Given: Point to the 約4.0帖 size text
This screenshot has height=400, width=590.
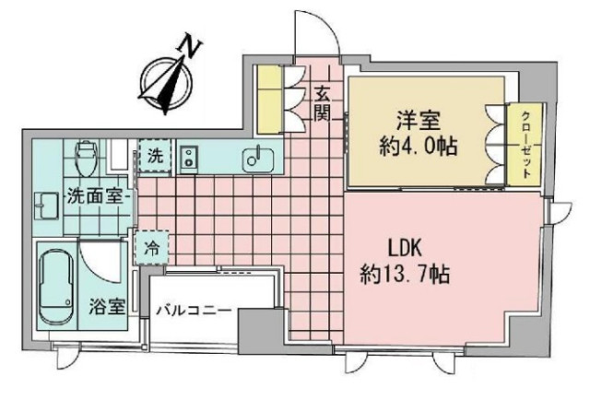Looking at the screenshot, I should [419, 146].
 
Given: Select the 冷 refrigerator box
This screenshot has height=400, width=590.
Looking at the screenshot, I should [152, 246].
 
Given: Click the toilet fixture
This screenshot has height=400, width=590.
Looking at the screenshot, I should [86, 158].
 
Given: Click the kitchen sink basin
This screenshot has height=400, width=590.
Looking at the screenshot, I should [255, 159].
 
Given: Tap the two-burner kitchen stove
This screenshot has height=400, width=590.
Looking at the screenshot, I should [190, 159].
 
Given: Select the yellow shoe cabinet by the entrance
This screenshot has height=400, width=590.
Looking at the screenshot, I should [270, 99].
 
